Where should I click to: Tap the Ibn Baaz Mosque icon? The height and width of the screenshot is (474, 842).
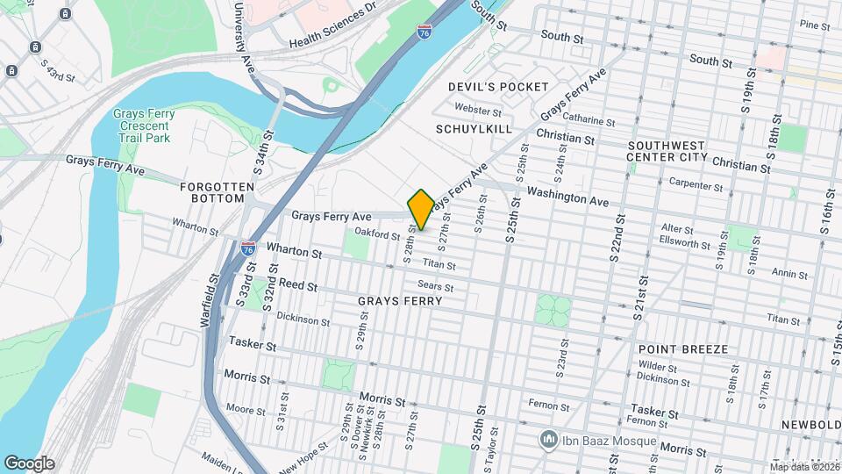(x=549, y=437)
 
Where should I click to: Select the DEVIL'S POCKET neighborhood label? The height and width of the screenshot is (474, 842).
(x=498, y=87)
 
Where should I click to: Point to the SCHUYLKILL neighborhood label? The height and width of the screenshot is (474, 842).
(x=473, y=128)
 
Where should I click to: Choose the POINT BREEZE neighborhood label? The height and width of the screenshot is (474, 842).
(x=683, y=349)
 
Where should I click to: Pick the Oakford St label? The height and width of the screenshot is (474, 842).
(x=377, y=233)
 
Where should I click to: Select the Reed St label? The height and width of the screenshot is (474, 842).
(x=298, y=285)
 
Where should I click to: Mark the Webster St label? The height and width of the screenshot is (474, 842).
(x=478, y=111)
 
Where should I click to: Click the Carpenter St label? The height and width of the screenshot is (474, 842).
(x=695, y=185)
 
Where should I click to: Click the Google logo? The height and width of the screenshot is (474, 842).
(x=29, y=463)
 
